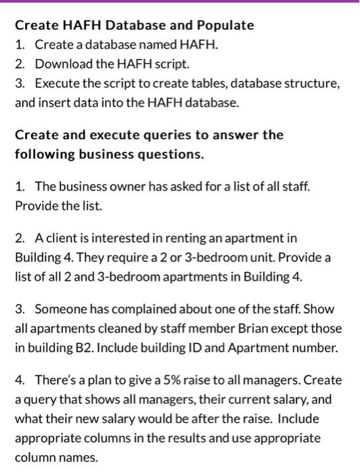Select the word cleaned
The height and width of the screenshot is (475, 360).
[x=100, y=329]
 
